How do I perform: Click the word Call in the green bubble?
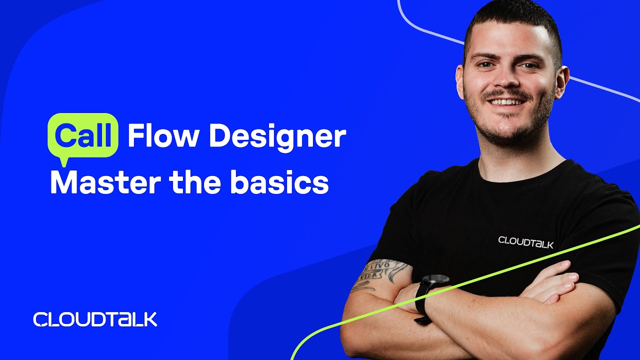coord(82,135)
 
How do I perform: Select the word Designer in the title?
coord(277,136)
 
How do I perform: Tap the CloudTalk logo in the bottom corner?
coord(95,319)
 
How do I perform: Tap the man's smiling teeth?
coord(506,102)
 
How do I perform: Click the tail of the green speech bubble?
coord(63,160)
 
